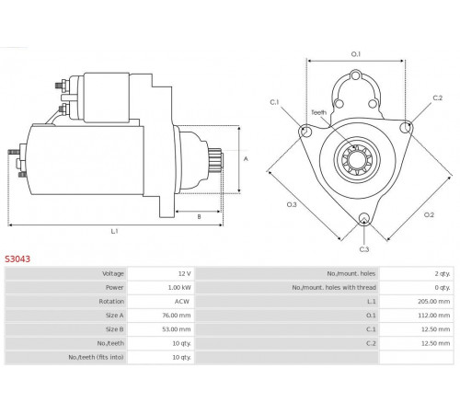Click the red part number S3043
[17, 259]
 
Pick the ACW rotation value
[182, 302]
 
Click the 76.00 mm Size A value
[177, 316]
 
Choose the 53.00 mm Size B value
[177, 329]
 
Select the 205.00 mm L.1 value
[434, 302]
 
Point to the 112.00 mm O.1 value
[434, 316]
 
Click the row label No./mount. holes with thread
[334, 287]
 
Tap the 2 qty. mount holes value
[443, 273]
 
